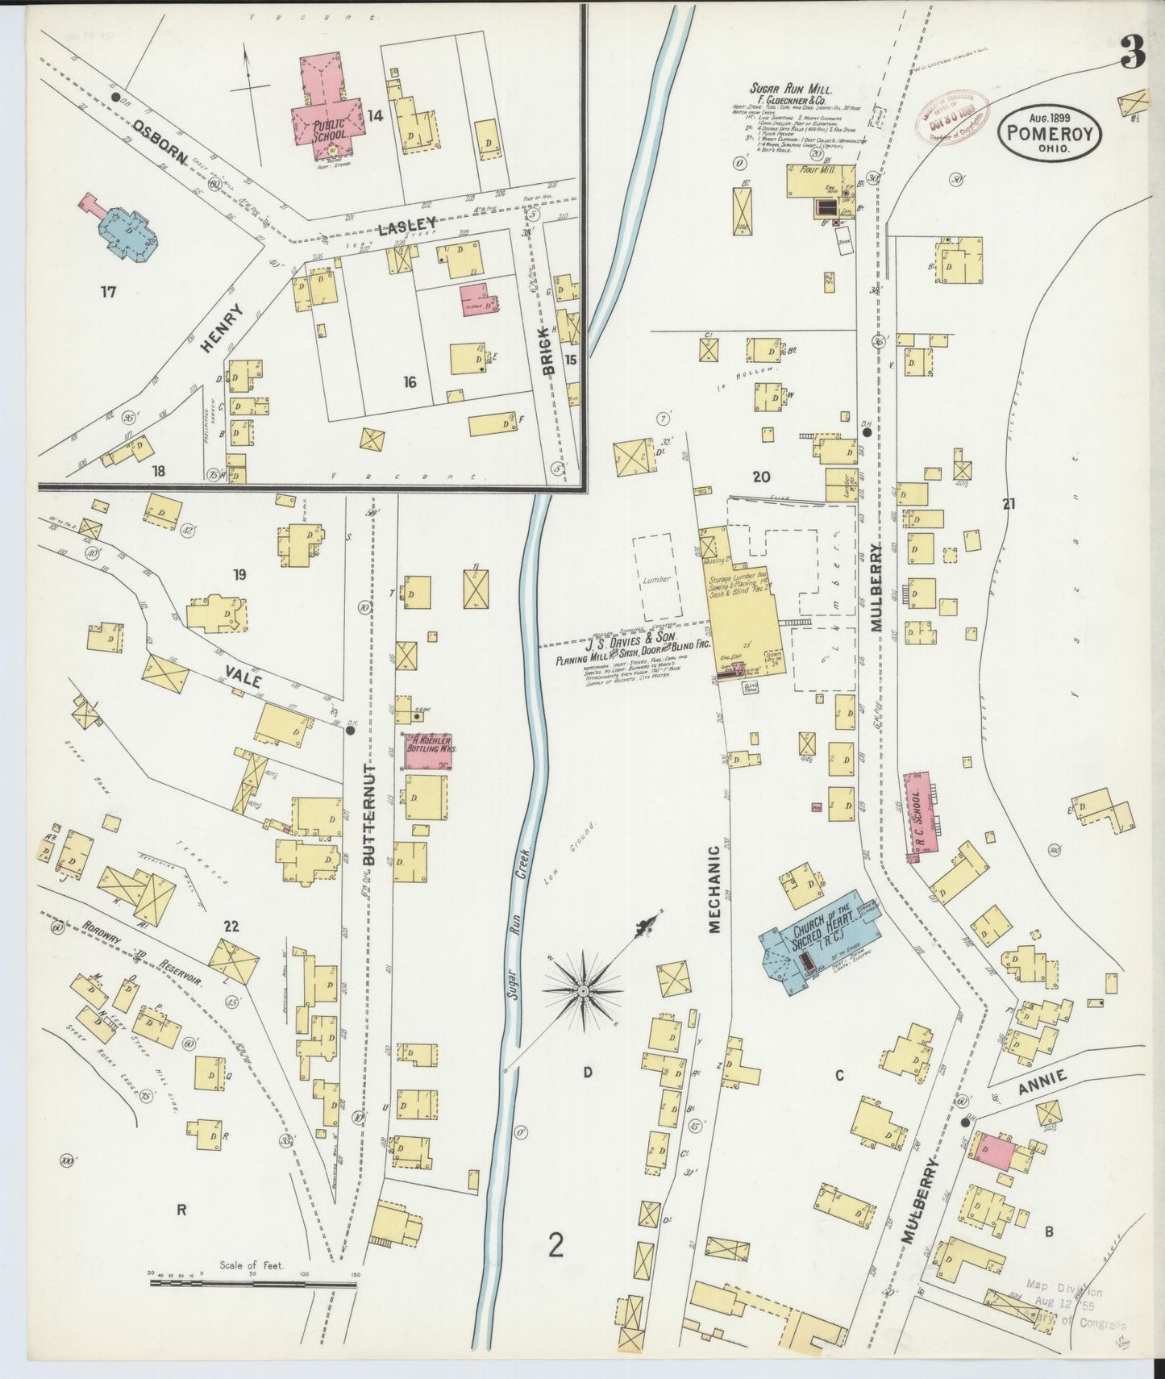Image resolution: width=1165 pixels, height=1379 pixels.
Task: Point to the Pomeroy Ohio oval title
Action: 1049,134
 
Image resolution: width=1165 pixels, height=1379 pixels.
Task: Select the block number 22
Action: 231,927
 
